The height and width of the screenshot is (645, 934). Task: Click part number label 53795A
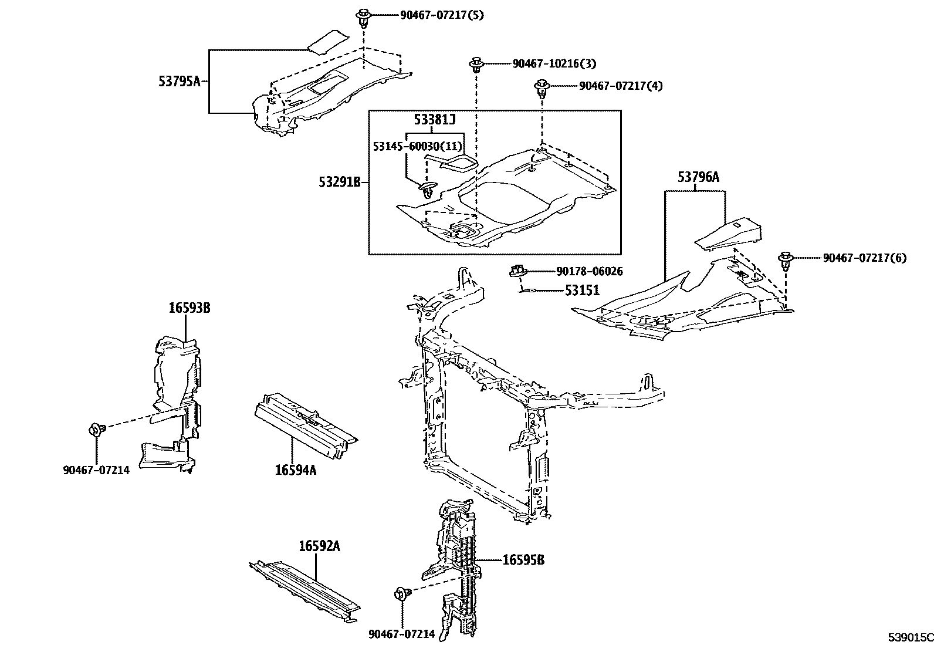pos(178,81)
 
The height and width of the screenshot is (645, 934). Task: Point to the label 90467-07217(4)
pos(621,86)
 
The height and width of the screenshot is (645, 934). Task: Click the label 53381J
pos(435,120)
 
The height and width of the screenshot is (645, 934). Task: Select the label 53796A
pos(698,176)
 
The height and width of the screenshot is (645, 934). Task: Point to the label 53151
pos(582,291)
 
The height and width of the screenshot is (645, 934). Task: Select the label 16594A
pos(296,470)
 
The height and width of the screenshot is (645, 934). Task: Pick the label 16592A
pos(319,546)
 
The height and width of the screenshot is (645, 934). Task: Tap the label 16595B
pos(523,560)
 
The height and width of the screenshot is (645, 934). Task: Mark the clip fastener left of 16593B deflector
pos(96,430)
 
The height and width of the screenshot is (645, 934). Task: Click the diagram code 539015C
pos(909,637)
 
